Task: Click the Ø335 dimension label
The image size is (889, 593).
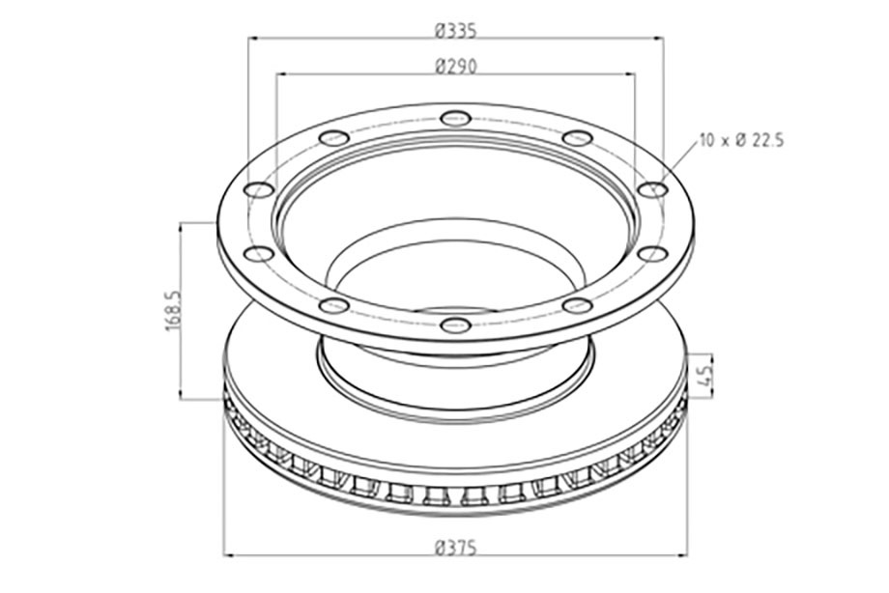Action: point(456,30)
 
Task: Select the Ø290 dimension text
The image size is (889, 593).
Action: point(456,67)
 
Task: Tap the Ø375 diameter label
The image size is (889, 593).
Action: point(456,549)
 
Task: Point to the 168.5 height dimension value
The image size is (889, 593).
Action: point(173,311)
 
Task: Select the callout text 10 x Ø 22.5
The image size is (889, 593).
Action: point(741,140)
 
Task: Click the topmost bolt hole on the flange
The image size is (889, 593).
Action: point(455,119)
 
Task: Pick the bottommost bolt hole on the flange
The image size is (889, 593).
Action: point(455,325)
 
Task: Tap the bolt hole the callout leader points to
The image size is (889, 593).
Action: point(653,189)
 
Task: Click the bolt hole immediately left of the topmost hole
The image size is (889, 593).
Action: point(334,138)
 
